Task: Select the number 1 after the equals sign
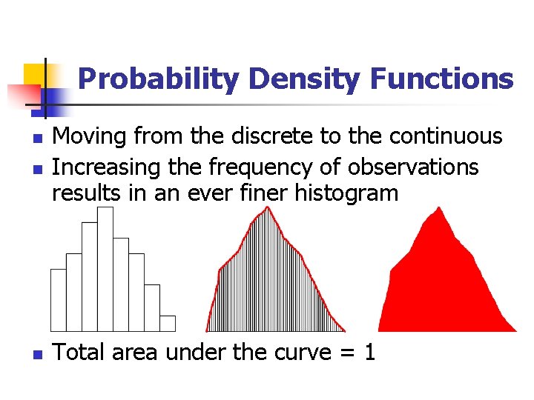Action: [x=369, y=353]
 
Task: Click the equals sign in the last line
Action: [x=344, y=353]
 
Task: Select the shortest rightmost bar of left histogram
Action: [x=168, y=323]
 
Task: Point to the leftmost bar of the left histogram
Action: [x=58, y=299]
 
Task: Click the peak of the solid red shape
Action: [x=440, y=210]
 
